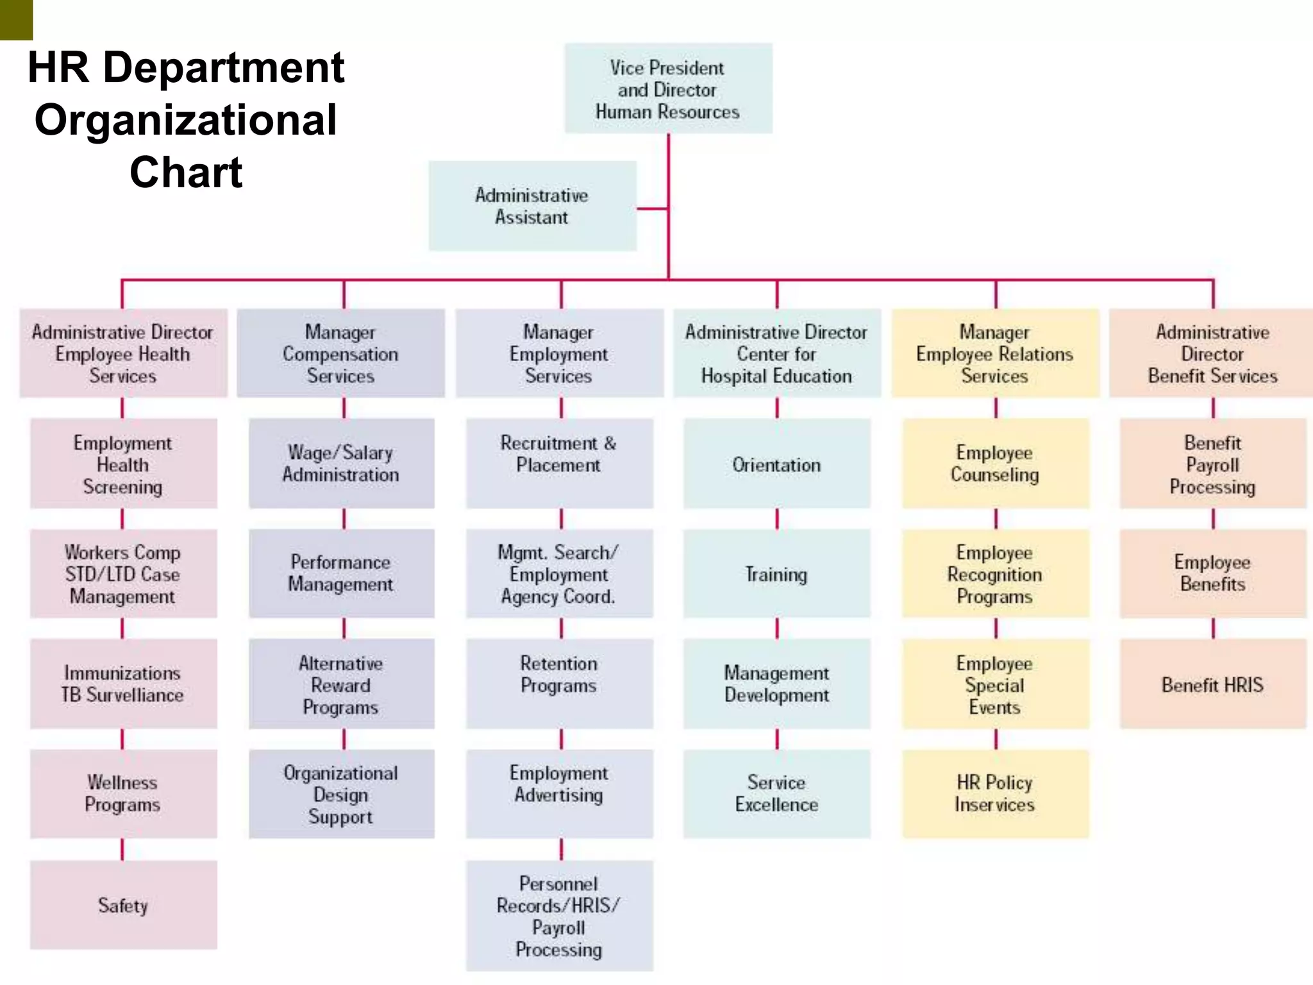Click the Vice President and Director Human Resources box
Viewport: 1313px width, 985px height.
pos(668,88)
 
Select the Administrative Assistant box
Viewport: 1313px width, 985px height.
pos(532,206)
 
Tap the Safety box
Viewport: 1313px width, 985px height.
pos(123,905)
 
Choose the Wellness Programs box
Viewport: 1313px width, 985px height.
pos(123,794)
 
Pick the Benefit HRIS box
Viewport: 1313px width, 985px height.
pos(1212,684)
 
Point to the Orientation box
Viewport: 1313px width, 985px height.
pos(776,464)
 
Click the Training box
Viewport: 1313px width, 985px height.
pos(776,574)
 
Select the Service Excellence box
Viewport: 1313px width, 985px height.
pos(776,794)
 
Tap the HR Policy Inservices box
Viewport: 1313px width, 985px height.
pos(995,794)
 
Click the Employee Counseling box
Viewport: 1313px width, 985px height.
pos(995,464)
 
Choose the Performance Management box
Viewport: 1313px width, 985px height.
pos(341,574)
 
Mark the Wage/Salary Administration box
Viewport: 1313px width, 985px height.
pos(341,464)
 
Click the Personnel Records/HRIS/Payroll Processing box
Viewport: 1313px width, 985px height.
pos(559,916)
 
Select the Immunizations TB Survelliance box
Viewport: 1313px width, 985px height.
pos(123,684)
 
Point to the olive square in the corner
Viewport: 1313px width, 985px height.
pos(16,19)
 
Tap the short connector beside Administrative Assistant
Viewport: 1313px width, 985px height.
pos(652,208)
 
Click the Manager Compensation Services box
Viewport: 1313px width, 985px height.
pos(341,353)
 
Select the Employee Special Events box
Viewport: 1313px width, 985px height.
pos(995,684)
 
